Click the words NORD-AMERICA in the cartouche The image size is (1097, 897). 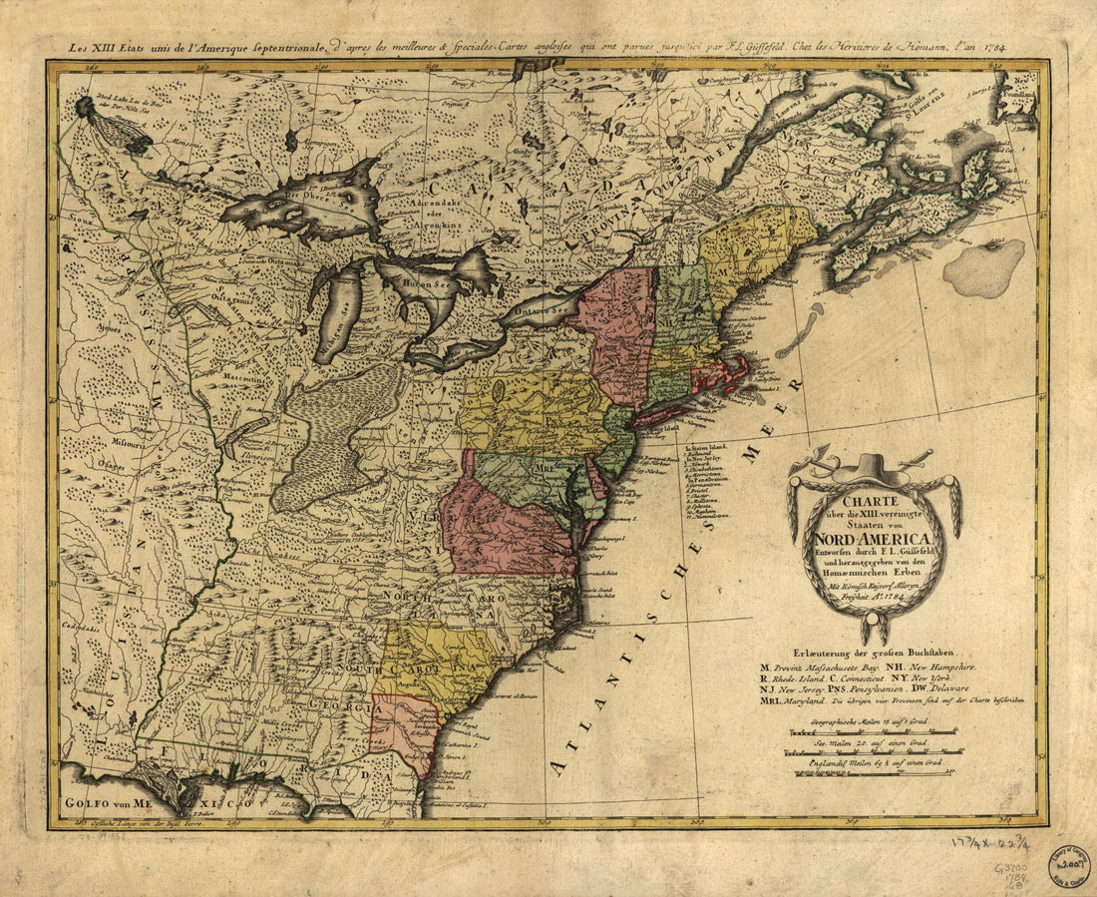coord(875,540)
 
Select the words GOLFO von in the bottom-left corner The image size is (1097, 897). coord(95,801)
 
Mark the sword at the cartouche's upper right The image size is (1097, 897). coord(918,459)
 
